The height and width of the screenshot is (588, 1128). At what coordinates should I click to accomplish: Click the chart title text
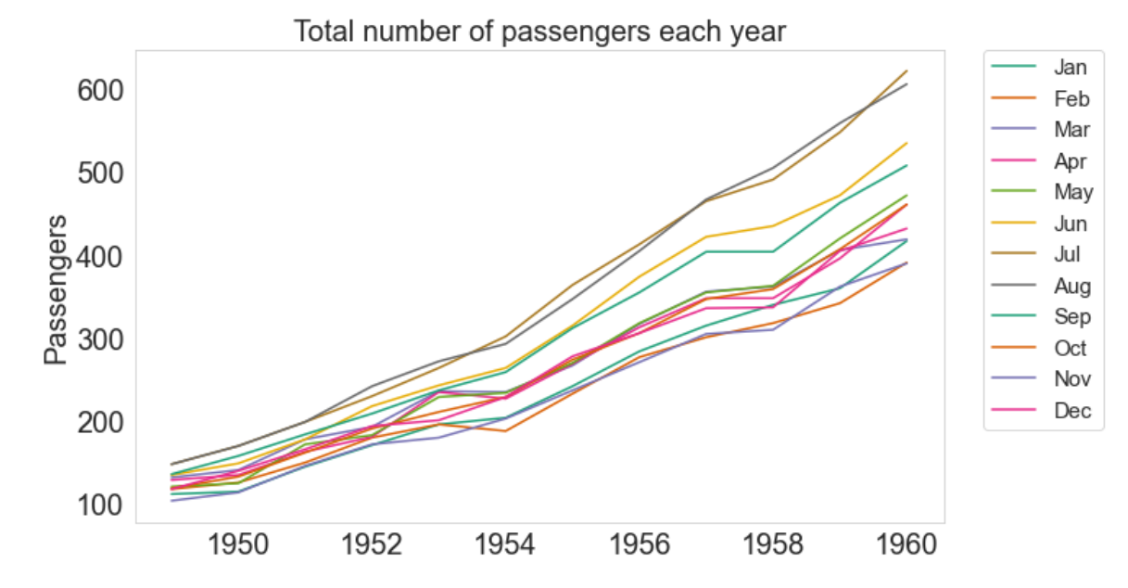click(539, 32)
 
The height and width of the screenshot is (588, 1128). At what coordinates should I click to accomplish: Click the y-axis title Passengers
click(57, 289)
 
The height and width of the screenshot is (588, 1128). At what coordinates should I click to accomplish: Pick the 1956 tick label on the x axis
click(640, 545)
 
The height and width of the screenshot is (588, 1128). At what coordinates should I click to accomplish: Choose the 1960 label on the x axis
click(906, 545)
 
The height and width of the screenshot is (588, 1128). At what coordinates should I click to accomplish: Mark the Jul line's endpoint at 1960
click(906, 70)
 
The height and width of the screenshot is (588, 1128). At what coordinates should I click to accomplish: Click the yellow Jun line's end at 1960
click(906, 143)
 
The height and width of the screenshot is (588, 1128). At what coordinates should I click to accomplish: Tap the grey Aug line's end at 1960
click(906, 84)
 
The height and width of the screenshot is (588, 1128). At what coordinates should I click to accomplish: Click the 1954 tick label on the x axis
click(506, 545)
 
